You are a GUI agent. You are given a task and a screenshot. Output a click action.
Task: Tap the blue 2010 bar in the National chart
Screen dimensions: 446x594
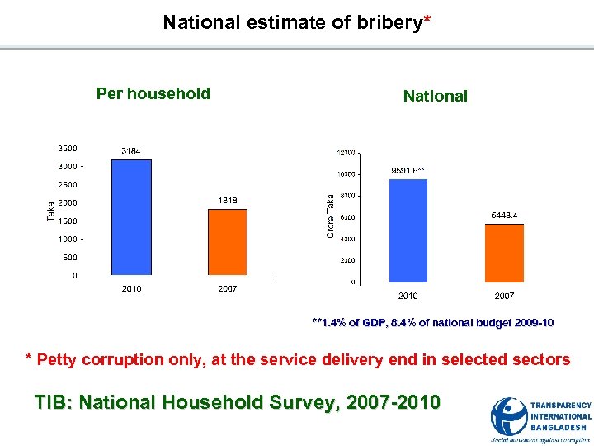[408, 230]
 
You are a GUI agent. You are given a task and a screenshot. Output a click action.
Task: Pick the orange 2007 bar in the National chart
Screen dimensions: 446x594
[503, 253]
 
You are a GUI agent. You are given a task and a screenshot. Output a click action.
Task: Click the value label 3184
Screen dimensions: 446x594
[130, 151]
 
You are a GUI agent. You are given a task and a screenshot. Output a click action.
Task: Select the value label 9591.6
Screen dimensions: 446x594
[407, 171]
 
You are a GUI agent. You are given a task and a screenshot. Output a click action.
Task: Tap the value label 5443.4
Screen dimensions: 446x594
[503, 216]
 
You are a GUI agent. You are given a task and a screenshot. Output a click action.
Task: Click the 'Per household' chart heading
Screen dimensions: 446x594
[153, 94]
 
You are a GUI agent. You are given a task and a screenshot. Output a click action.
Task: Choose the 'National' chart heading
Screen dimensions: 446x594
[435, 97]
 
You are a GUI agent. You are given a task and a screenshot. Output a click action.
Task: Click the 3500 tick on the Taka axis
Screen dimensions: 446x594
[68, 149]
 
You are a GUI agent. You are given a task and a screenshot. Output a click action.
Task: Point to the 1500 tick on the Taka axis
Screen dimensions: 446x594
[68, 221]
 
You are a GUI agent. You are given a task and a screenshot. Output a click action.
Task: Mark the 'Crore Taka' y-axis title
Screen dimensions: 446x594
[330, 216]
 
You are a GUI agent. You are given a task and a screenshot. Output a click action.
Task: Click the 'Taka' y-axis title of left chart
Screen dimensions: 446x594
[49, 211]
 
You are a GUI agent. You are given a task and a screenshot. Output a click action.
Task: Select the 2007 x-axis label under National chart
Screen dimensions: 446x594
[503, 296]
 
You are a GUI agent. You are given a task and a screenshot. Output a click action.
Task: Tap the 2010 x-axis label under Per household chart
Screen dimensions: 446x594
[131, 288]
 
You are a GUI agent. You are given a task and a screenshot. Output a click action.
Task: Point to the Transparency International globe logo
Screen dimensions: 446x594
[509, 418]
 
